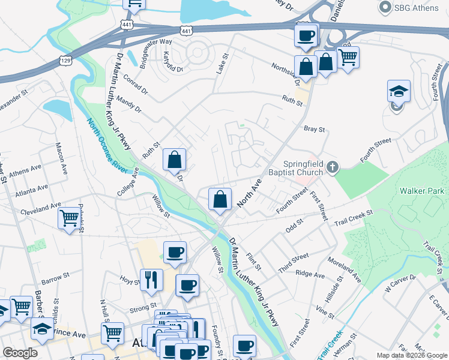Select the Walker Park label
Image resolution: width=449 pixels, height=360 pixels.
pyautogui.click(x=422, y=191)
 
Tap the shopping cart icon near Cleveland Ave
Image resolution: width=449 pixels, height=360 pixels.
pyautogui.click(x=69, y=217)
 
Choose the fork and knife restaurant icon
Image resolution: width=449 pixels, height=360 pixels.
pyautogui.click(x=151, y=280)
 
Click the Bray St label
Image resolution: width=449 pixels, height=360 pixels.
pyautogui.click(x=314, y=129)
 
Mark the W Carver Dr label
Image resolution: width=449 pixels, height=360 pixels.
pyautogui.click(x=400, y=282)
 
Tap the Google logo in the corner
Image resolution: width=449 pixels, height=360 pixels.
pyautogui.click(x=19, y=353)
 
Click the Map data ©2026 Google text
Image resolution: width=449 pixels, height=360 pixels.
pyautogui.click(x=411, y=355)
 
